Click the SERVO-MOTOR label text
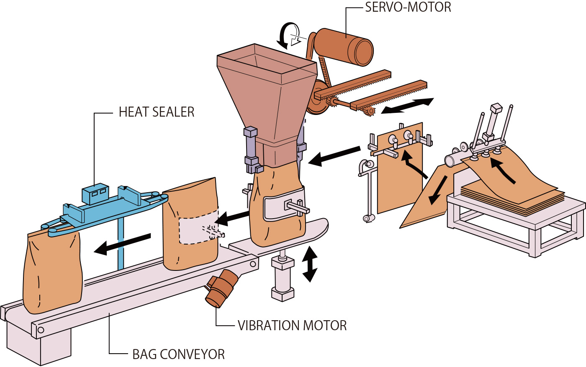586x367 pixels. click(x=408, y=8)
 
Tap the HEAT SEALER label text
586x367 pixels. click(x=157, y=112)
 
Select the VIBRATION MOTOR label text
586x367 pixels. click(x=292, y=326)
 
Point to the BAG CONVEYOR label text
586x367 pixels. click(x=178, y=354)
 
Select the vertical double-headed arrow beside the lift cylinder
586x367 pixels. click(x=310, y=264)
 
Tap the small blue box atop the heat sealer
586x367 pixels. click(x=95, y=194)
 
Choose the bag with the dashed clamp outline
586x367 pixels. click(x=190, y=226)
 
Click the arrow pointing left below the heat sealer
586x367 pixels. click(x=122, y=244)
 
